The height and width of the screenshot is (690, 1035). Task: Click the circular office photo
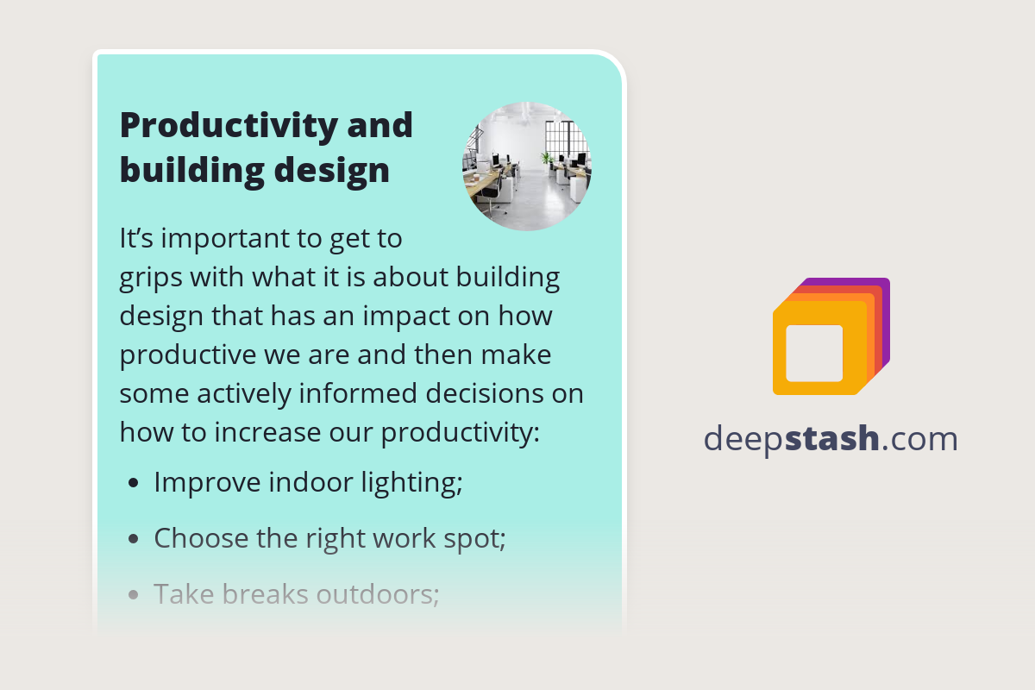click(x=527, y=166)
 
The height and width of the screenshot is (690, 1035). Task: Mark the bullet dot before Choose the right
click(x=133, y=539)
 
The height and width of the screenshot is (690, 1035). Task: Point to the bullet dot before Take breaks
click(x=133, y=594)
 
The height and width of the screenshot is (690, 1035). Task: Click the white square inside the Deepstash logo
click(x=814, y=353)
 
